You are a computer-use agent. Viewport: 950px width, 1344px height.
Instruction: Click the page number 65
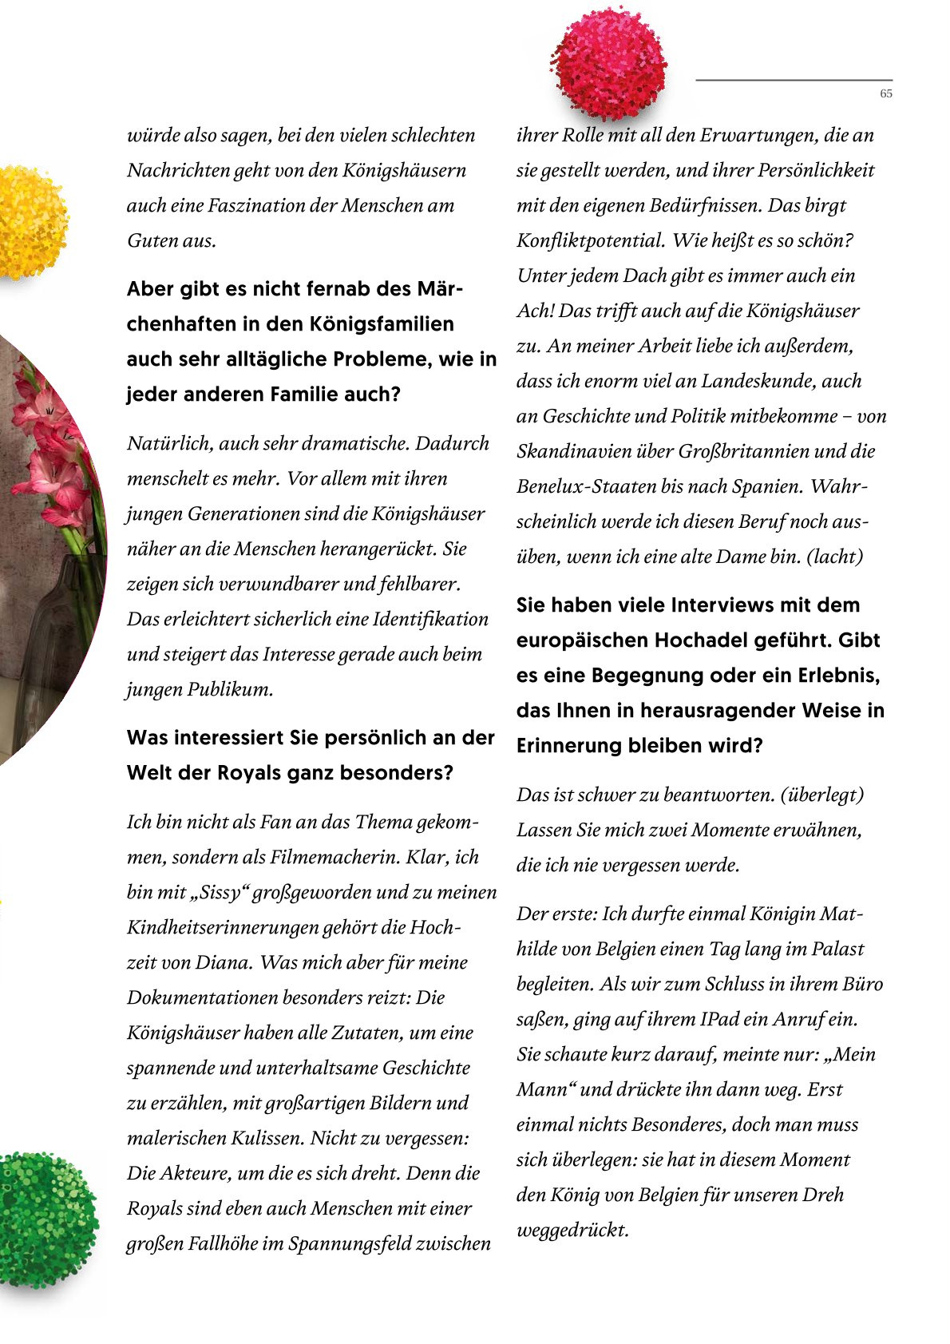886,93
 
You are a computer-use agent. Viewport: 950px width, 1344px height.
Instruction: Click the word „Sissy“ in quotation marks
220,892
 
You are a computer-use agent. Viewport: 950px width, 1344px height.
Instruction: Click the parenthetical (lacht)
835,557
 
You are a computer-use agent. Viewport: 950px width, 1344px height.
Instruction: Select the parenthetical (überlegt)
822,795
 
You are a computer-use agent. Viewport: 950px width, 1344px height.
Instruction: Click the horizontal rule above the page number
794,80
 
